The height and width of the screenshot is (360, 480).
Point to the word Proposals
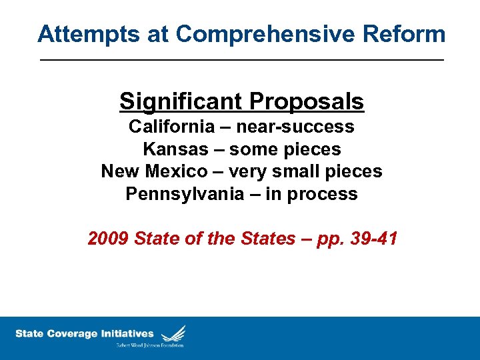click(307, 101)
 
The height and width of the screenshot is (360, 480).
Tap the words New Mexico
click(154, 171)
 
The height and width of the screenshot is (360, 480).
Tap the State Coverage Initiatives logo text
click(84, 334)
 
